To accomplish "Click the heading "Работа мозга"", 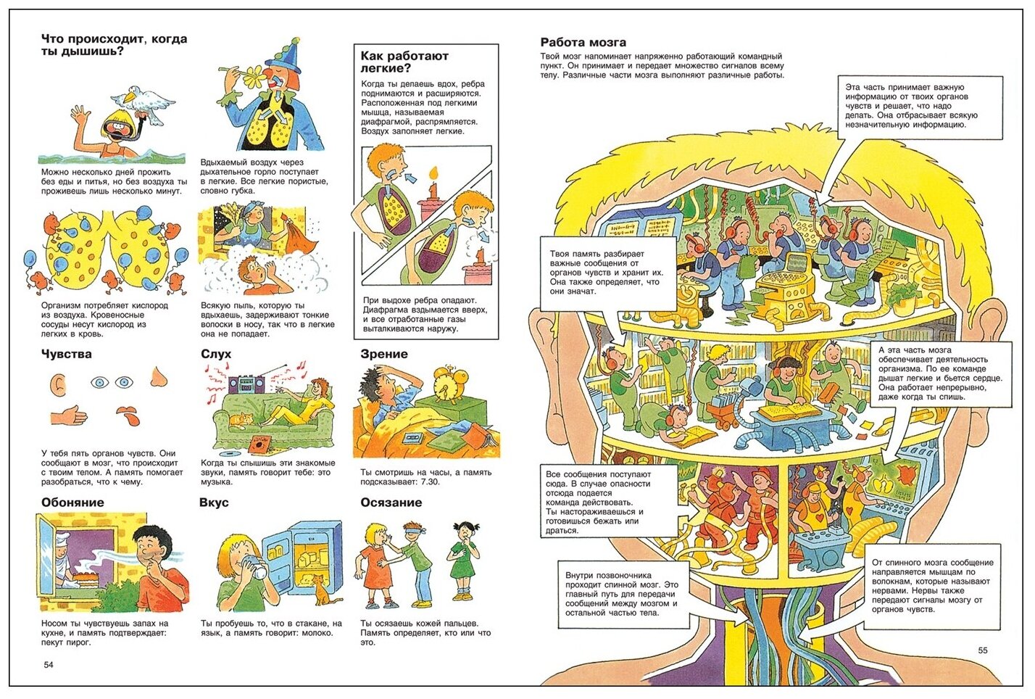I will [x=583, y=42].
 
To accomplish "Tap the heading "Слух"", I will [x=216, y=354].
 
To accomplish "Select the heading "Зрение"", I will [x=383, y=354].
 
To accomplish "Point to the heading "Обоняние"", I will [x=72, y=502].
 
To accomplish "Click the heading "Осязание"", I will [x=391, y=502].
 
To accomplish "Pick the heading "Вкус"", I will [x=214, y=502].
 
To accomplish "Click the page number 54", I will [x=49, y=665].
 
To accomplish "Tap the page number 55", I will [x=983, y=650].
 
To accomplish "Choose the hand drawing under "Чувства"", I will [x=69, y=415].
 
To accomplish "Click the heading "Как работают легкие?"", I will [x=404, y=62].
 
